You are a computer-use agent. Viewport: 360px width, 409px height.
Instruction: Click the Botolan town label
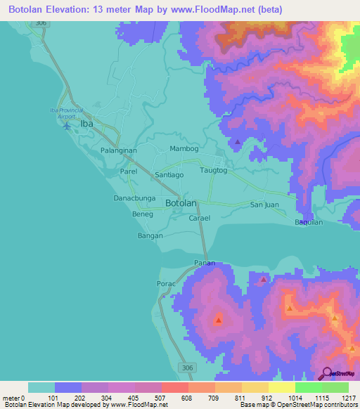[181, 203]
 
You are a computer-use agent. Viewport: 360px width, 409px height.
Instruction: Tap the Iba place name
[86, 124]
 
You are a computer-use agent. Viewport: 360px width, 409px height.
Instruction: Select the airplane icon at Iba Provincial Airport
[67, 126]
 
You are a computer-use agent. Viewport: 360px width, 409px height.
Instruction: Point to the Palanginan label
[118, 150]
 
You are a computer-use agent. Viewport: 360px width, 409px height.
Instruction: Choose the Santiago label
[169, 174]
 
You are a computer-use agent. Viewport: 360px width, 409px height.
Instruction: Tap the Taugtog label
[214, 171]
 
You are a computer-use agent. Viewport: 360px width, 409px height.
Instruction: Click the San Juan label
[266, 204]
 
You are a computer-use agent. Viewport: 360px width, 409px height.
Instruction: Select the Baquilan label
[309, 221]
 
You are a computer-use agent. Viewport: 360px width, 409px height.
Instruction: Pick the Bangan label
[150, 235]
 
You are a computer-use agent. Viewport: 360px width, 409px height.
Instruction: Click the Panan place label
[204, 263]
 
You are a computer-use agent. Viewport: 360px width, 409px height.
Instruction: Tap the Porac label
[166, 284]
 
